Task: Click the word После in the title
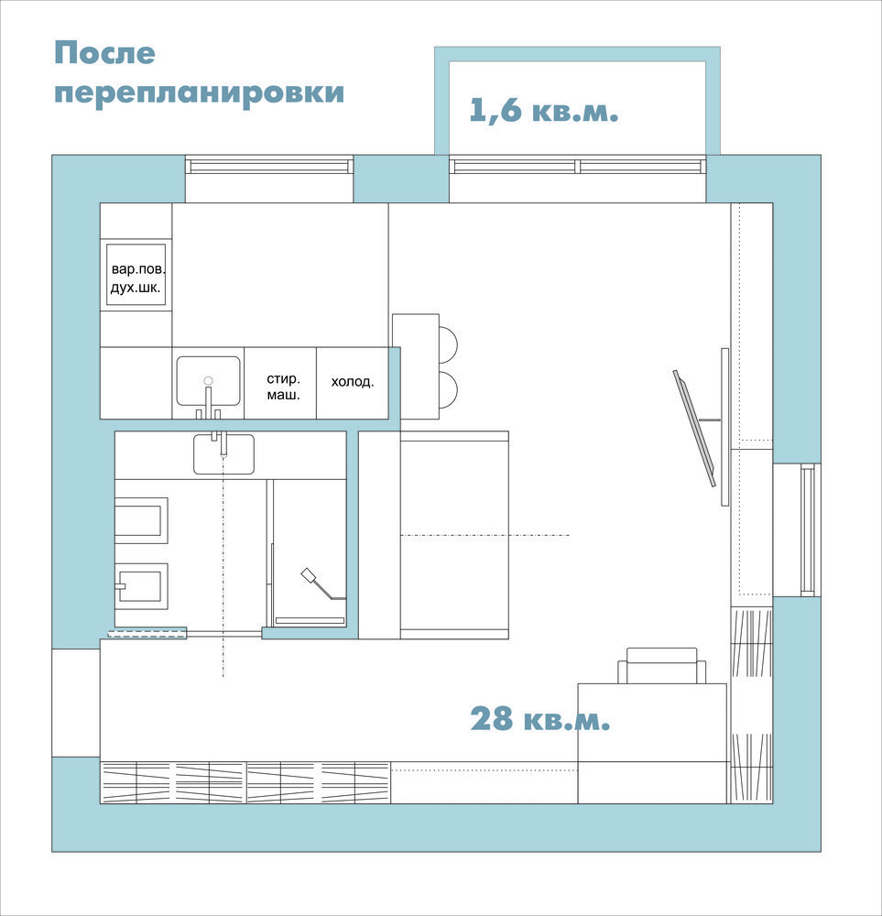(x=104, y=53)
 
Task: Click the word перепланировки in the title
(x=199, y=93)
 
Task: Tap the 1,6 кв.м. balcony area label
(x=544, y=110)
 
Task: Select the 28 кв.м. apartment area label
(x=540, y=718)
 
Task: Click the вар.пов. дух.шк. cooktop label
(x=138, y=278)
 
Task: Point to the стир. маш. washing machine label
(x=283, y=387)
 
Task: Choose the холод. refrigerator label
(x=353, y=381)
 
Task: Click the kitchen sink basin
(x=209, y=381)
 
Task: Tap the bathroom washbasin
(x=223, y=454)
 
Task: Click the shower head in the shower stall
(x=309, y=575)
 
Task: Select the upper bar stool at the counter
(x=448, y=344)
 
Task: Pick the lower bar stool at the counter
(x=448, y=389)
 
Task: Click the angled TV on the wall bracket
(x=694, y=428)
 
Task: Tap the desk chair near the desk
(x=662, y=665)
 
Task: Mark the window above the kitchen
(x=269, y=166)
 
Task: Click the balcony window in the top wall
(x=578, y=166)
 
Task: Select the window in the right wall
(x=808, y=529)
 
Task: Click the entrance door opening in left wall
(x=76, y=703)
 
